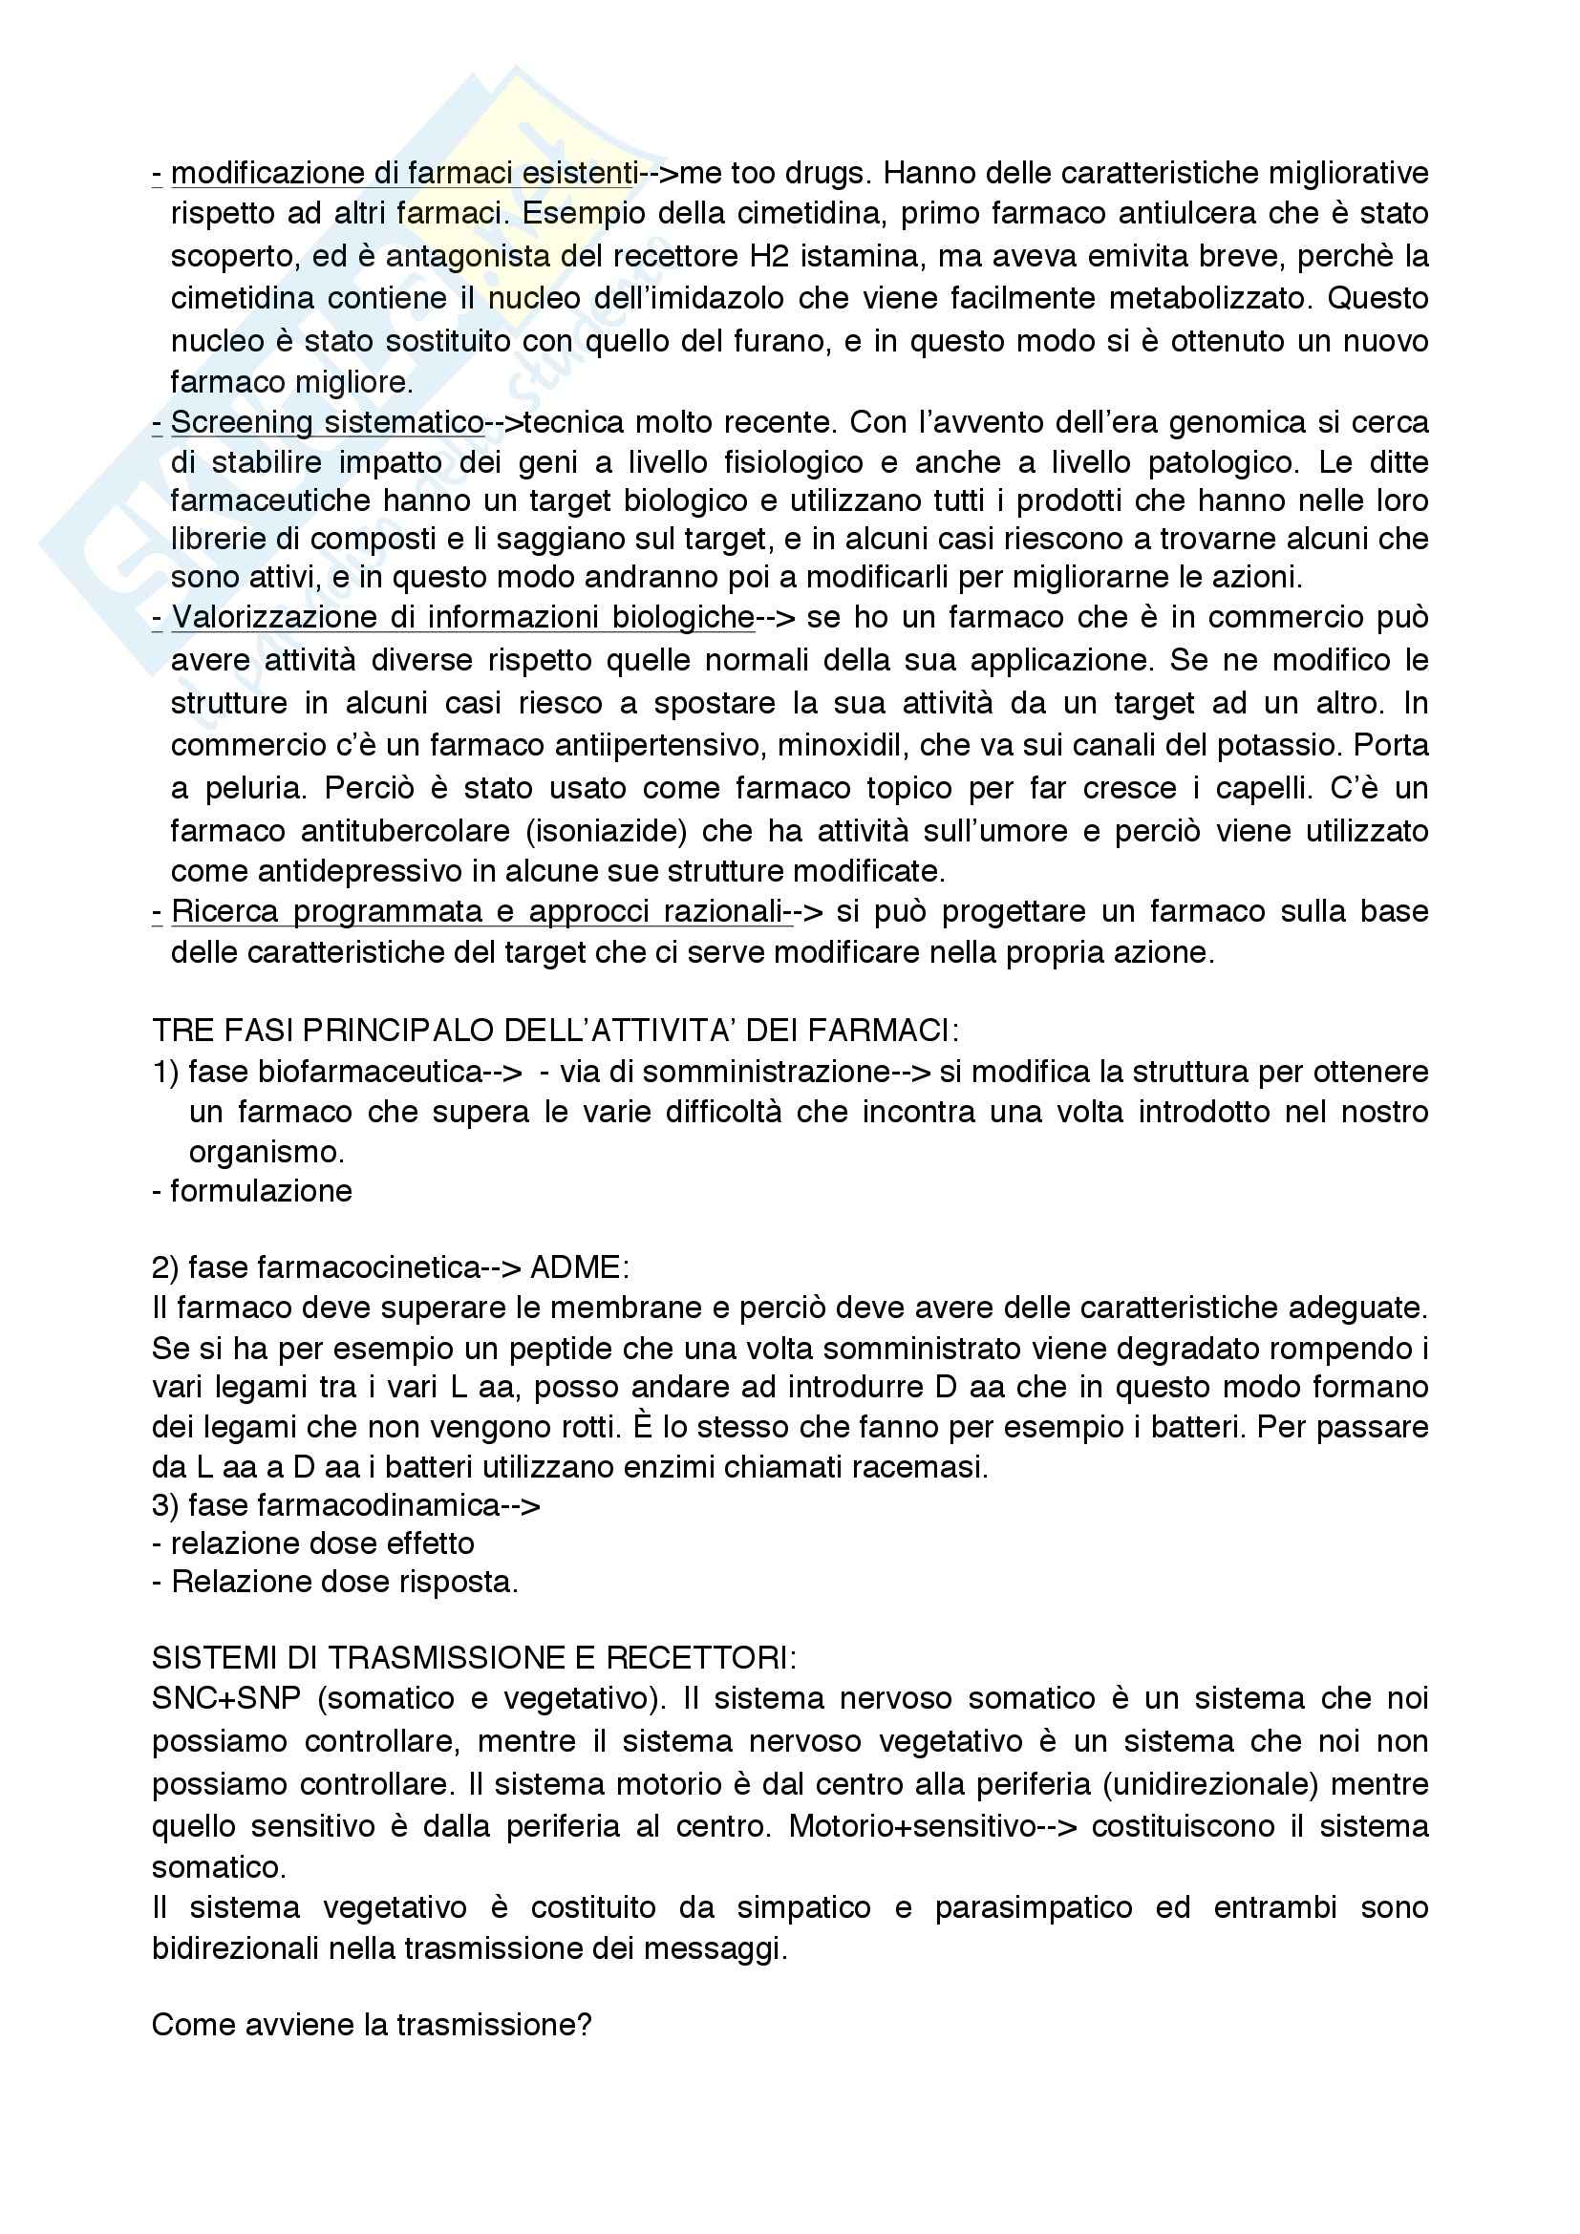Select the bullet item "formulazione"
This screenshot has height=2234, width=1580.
point(261,1191)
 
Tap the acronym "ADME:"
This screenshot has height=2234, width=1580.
point(580,1267)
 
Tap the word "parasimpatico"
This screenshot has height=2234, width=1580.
point(1034,1908)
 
